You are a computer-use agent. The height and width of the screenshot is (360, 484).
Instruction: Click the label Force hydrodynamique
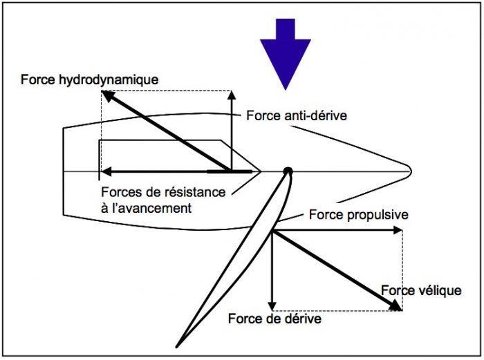click(90, 79)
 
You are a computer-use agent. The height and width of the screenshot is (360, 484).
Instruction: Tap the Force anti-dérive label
click(296, 115)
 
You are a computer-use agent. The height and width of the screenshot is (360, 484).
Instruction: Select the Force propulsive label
click(358, 215)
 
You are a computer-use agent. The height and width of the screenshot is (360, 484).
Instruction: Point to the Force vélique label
click(420, 290)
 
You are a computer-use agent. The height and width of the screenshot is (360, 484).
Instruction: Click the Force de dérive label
click(274, 320)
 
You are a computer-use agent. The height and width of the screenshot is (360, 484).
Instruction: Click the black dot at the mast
click(288, 171)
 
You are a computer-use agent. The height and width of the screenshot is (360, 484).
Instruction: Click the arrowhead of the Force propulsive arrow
click(398, 231)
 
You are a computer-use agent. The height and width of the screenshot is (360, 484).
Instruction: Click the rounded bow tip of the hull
click(410, 170)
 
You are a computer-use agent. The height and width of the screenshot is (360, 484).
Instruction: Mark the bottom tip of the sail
click(179, 344)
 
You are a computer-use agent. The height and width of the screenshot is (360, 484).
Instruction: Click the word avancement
click(156, 207)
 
